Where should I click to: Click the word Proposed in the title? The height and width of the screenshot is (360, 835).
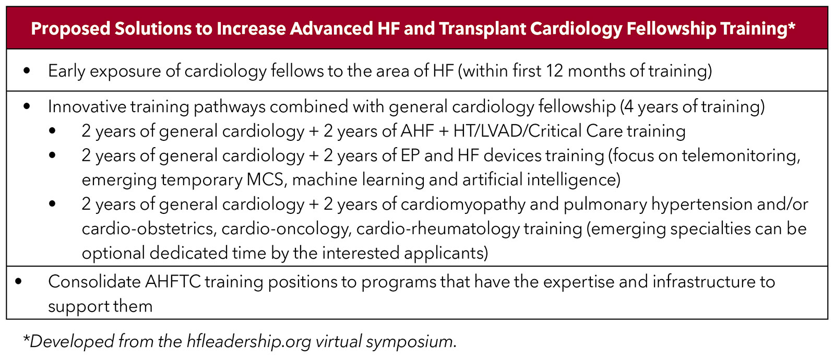[x=70, y=29]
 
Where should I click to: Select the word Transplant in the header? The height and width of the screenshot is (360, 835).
[x=482, y=29]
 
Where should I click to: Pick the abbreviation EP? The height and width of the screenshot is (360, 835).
[x=410, y=155]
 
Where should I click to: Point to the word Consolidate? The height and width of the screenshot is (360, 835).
[x=94, y=282]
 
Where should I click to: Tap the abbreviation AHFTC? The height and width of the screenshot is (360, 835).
[x=173, y=282]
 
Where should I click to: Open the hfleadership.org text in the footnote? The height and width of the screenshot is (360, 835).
[x=248, y=342]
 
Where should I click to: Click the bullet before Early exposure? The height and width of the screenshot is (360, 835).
[x=27, y=71]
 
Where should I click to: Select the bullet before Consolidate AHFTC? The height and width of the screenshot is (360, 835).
[x=18, y=282]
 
